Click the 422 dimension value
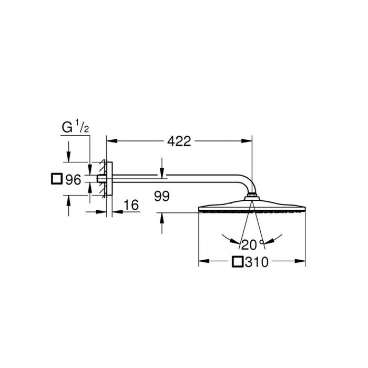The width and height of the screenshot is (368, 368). [x=179, y=141]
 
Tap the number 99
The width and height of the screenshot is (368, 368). [x=162, y=196]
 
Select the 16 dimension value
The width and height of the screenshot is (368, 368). [x=131, y=205]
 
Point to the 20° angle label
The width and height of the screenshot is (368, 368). [x=252, y=245]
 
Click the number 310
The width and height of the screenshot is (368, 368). [x=257, y=262]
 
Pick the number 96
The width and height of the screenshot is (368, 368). [x=73, y=180]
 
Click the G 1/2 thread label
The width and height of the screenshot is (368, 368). [x=75, y=127]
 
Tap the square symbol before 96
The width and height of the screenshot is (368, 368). [x=57, y=179]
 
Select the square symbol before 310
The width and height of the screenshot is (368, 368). [x=238, y=262]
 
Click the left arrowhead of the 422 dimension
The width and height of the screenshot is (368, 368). [x=112, y=141]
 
